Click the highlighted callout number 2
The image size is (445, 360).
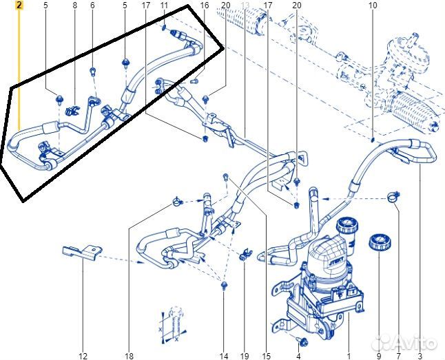pos(19,6)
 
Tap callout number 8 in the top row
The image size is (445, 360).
pos(74,6)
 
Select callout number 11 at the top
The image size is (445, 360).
pos(163,6)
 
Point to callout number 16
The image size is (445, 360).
pos(204,6)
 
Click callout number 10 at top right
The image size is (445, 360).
pos(373,6)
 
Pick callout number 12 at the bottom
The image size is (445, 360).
pos(83,356)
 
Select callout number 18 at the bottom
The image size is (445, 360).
pos(129,356)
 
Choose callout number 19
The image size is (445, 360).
pos(244,356)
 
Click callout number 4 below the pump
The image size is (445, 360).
pos(298,356)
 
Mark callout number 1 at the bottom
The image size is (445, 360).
pos(349,356)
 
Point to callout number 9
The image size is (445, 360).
pos(378,356)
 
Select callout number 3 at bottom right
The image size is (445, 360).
pos(420,356)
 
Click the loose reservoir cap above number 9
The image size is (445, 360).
pos(377,242)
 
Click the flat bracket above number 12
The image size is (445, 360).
pos(82,254)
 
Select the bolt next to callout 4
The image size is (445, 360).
pos(299,340)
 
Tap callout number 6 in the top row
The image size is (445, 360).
pos(92,6)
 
